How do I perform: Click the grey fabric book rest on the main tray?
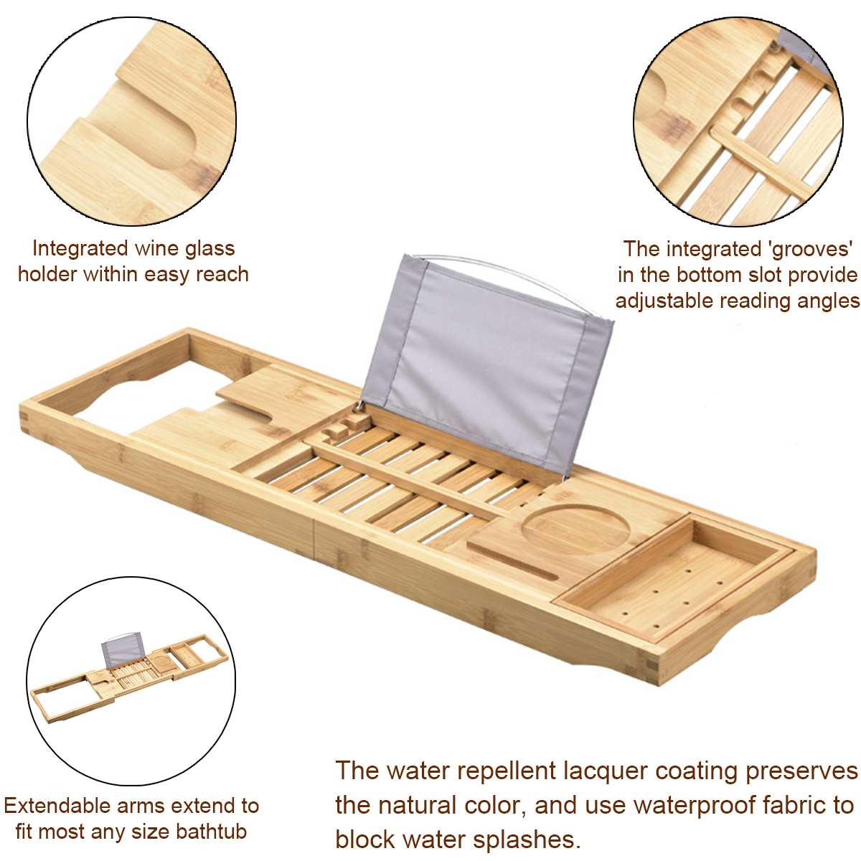tap(488, 359)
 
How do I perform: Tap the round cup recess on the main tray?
tap(575, 532)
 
